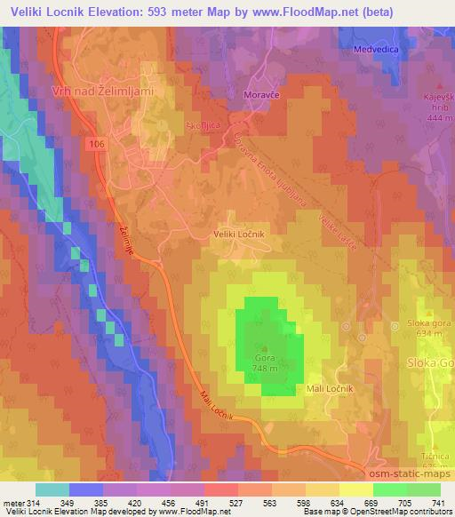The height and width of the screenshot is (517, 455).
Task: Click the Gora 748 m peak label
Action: [x=266, y=363]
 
